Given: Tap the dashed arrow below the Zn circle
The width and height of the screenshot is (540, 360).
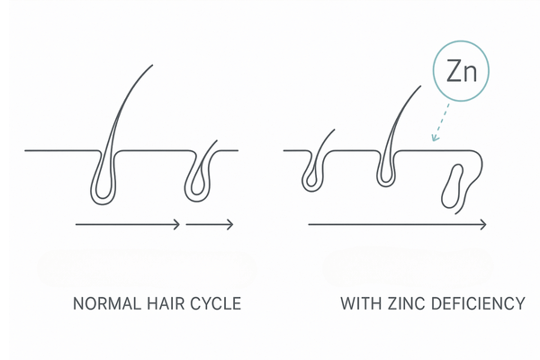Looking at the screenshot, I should click(439, 121).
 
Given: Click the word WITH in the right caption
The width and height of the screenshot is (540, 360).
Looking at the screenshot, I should click(360, 303).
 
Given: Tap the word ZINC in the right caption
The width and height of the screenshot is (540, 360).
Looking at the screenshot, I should click(408, 303).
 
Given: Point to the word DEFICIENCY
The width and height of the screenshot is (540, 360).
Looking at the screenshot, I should click(479, 303).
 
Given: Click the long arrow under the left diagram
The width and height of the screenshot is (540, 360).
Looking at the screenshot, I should click(126, 223).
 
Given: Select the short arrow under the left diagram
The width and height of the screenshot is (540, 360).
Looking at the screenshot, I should click(211, 223).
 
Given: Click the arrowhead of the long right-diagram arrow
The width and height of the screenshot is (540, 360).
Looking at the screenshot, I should click(485, 223).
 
